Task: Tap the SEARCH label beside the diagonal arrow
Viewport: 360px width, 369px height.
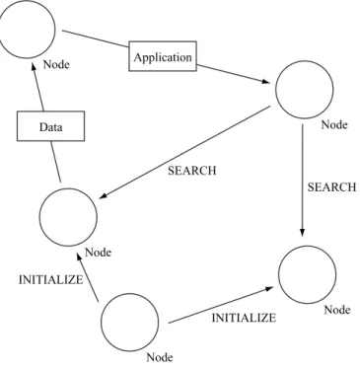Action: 192,171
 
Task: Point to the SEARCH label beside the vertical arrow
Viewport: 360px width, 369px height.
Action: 331,187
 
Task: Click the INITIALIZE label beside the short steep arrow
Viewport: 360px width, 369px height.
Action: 51,279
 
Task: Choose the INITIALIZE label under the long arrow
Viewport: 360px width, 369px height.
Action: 244,318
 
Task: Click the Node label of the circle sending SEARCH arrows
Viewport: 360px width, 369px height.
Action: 334,125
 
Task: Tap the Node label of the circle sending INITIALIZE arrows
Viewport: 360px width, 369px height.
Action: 160,357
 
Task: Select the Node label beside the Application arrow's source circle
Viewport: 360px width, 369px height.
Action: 56,64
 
